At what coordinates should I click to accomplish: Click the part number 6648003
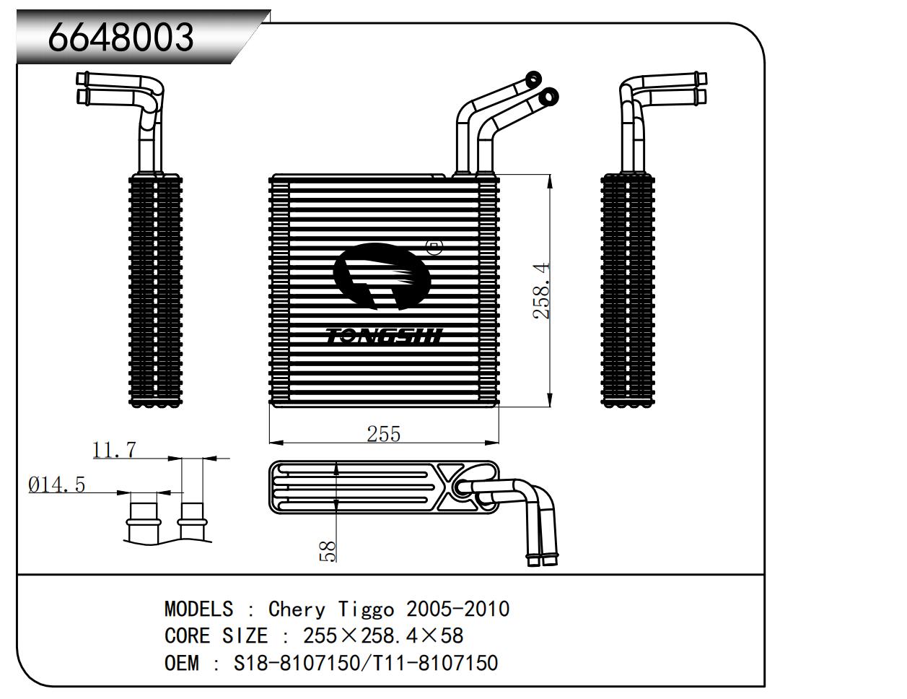(121, 36)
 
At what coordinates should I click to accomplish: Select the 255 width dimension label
(383, 433)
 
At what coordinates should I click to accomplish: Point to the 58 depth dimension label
(328, 552)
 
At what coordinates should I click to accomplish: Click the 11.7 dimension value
(114, 450)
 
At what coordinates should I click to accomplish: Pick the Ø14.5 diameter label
(56, 485)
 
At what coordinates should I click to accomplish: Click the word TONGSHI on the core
(385, 337)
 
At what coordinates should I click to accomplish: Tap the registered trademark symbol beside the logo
(434, 248)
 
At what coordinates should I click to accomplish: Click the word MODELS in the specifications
(198, 609)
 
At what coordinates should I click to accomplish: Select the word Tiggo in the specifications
(366, 609)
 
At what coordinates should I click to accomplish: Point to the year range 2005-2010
(457, 609)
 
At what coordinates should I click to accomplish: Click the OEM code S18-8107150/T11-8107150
(365, 662)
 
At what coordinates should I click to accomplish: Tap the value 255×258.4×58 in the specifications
(382, 635)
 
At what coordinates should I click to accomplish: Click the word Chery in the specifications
(297, 609)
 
